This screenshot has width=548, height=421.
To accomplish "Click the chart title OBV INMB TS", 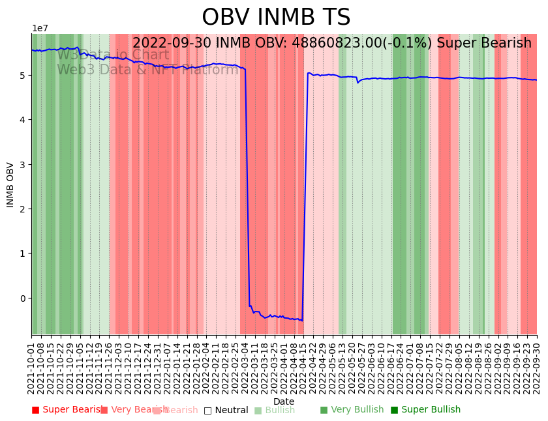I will pos(276,18).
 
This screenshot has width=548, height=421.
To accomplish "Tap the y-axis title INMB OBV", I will pos(10,184).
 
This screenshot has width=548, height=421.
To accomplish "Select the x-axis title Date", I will pos(284,401).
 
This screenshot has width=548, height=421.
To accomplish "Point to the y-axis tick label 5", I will pos(23,76).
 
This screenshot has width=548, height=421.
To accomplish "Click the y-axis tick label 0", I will pos(23,298).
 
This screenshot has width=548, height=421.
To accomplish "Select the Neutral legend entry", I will pos(226,410).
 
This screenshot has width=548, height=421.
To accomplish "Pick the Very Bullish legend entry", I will pos(352,410).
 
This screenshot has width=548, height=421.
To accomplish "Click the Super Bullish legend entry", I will pos(425,410).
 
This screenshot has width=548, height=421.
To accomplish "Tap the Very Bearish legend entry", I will pos(130,410).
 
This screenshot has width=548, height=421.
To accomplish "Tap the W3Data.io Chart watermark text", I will pos(113,55).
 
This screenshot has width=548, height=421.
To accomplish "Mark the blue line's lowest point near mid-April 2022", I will pos(301,320).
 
